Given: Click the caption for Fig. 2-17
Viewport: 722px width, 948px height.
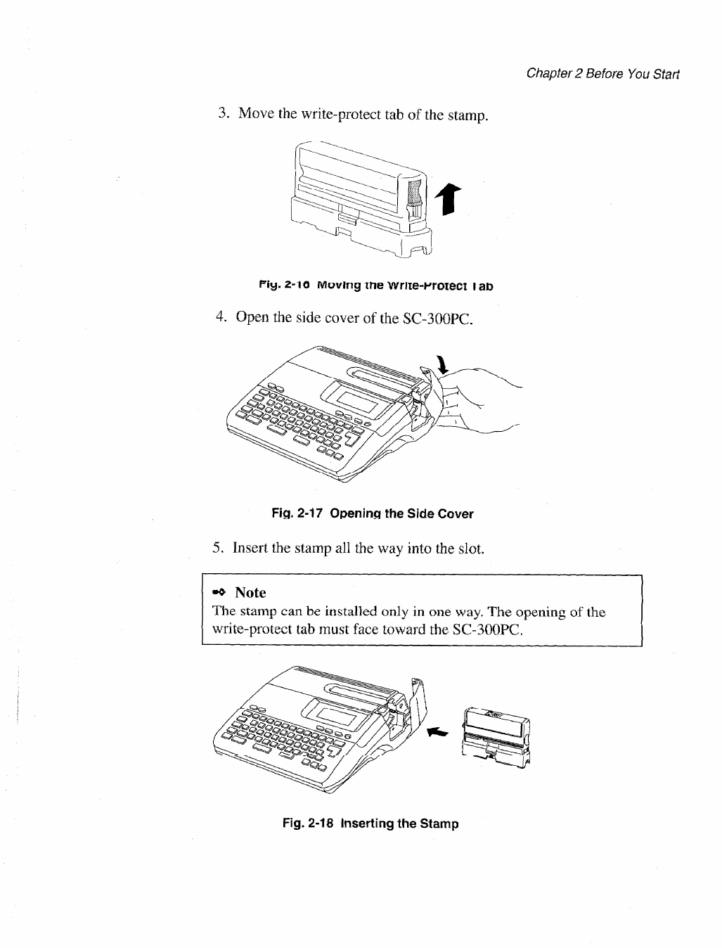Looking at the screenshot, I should click(x=372, y=513).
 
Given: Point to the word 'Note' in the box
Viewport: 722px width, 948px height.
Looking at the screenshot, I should click(x=250, y=593).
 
